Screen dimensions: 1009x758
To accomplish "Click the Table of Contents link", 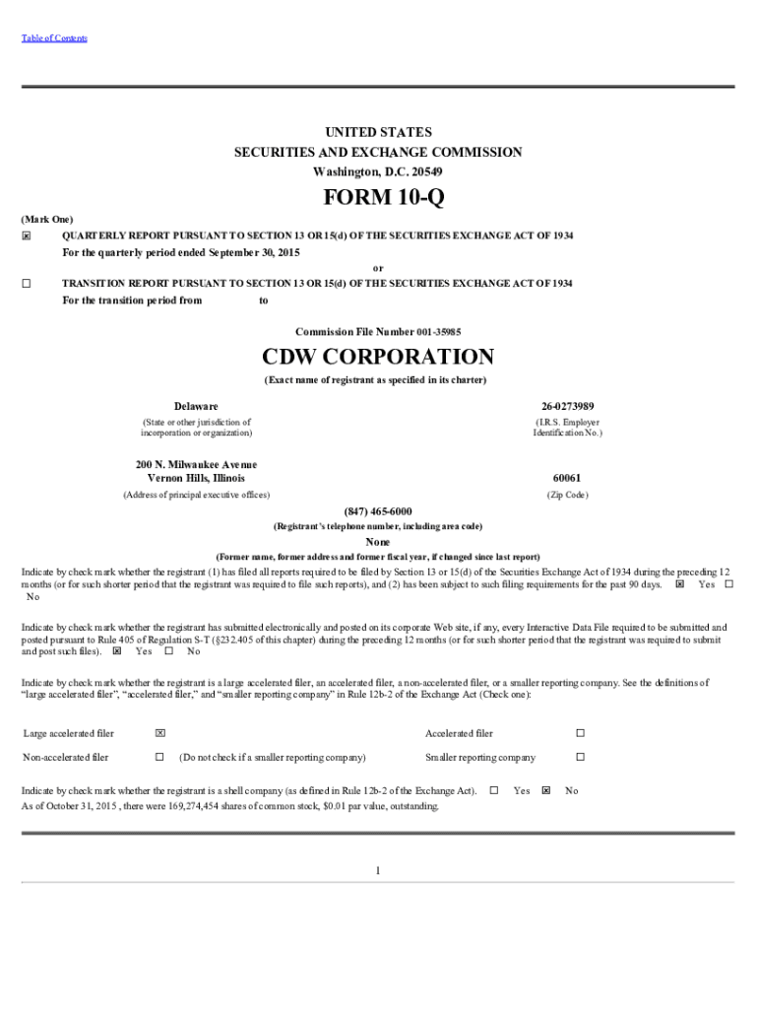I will tap(54, 38).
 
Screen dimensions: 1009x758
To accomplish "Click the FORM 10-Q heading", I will tap(378, 198).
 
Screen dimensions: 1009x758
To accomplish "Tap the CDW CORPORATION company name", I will tap(378, 357).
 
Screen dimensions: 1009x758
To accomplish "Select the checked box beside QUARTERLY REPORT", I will tap(27, 236).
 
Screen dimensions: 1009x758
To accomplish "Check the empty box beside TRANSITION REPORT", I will tap(27, 284).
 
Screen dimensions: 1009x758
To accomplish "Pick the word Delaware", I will tap(196, 406).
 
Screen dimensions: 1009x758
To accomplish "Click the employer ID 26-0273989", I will tap(567, 406).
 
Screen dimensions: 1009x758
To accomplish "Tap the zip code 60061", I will tap(567, 478).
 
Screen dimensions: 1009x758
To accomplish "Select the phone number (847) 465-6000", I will tap(378, 511).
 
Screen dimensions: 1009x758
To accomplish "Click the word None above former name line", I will tap(378, 542).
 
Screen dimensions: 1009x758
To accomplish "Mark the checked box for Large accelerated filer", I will tap(159, 733).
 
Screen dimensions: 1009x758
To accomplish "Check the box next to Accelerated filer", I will tap(580, 733).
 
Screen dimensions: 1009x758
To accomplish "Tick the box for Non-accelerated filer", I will tap(159, 757).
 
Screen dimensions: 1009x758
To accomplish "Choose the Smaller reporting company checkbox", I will tap(580, 757).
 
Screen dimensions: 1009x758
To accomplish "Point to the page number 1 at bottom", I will tap(378, 870).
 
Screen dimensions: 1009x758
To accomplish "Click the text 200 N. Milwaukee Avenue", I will tap(196, 464).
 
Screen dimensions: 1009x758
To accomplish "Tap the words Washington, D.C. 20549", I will tap(378, 171).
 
